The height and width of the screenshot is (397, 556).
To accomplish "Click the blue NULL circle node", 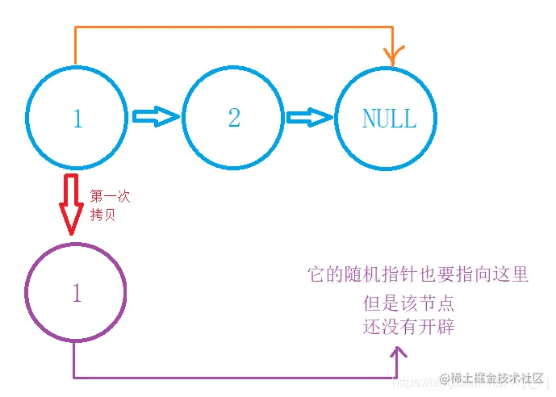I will [x=386, y=118].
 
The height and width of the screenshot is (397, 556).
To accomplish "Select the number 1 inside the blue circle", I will [x=77, y=119].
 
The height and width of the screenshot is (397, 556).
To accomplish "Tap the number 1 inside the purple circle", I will [x=77, y=294].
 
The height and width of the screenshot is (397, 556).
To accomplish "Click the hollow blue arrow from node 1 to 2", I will [x=155, y=118].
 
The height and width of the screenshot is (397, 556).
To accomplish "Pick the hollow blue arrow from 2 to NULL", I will [x=310, y=118].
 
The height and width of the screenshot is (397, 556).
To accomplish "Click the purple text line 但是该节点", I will [x=408, y=304].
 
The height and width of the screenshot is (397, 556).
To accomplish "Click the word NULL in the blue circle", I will [x=389, y=119].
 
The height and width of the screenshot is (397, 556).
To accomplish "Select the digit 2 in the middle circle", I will [x=234, y=119].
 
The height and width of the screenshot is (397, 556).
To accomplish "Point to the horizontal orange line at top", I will [x=234, y=27].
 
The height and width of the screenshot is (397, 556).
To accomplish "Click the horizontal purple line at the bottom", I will [x=234, y=377].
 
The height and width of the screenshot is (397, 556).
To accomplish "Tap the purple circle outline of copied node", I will [x=27, y=292].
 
